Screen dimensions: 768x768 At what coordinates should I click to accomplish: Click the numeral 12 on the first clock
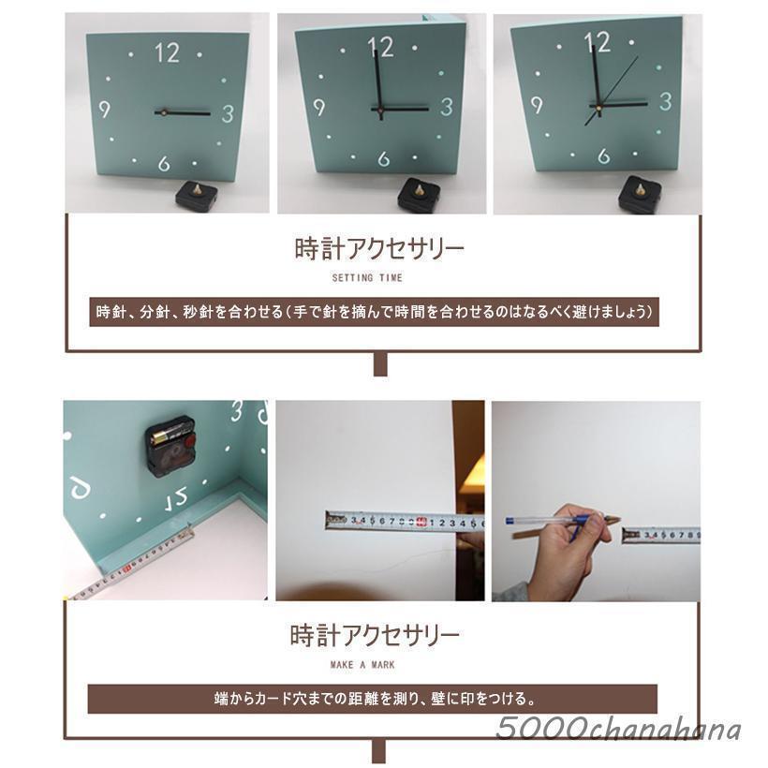167,53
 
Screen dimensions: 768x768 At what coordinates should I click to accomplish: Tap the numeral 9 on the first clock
104,110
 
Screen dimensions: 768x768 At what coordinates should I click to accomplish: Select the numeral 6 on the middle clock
383,159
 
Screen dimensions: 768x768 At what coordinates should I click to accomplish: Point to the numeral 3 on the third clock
665,101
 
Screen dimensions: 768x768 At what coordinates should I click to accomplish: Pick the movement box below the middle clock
419,195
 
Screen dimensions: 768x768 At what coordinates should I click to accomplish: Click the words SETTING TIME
366,278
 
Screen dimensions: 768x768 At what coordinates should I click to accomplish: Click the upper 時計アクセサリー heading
378,249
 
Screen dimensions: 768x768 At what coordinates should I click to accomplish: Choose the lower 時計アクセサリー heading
375,636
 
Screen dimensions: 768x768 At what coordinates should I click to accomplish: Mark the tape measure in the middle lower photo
403,521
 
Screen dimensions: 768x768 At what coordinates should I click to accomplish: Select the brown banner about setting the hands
375,312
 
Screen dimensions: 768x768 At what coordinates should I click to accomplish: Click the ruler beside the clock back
131,566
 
